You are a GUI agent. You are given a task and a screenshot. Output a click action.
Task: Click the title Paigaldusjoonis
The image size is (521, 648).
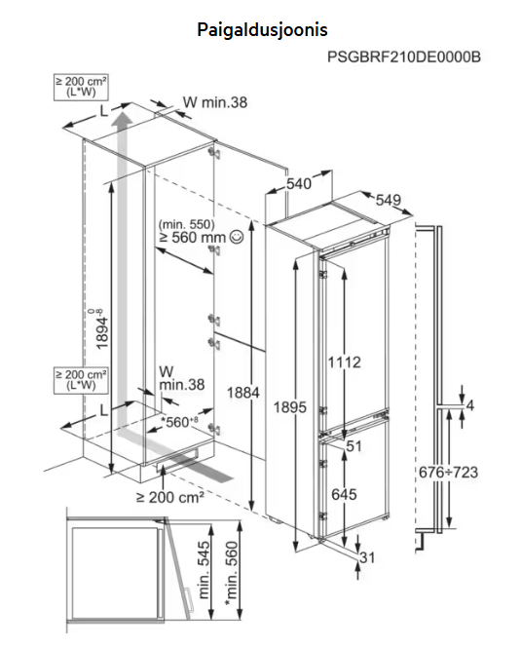[262, 30]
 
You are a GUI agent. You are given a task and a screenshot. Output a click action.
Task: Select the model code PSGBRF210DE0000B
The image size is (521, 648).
[404, 57]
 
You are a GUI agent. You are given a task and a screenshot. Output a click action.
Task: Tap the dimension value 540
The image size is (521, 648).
[299, 184]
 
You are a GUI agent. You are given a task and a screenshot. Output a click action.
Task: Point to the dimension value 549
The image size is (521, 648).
[389, 200]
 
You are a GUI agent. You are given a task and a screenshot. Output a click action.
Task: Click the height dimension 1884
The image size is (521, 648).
[242, 393]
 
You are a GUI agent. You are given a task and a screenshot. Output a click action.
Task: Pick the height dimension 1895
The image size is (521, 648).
[290, 407]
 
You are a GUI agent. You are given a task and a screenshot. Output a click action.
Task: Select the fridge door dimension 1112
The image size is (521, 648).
[344, 362]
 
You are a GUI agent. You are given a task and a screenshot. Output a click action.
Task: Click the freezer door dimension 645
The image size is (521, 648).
[344, 494]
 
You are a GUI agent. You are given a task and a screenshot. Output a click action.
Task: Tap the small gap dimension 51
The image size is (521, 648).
[354, 446]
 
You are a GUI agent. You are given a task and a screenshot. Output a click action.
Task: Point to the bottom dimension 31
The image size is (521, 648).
[367, 557]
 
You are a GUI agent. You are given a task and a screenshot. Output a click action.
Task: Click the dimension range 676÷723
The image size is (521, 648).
[448, 472]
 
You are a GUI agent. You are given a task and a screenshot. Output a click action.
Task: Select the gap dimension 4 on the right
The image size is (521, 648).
[469, 405]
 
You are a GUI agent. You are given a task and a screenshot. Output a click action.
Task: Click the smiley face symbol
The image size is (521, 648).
[237, 237]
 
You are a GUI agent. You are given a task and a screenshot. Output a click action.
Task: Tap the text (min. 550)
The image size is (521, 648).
[187, 224]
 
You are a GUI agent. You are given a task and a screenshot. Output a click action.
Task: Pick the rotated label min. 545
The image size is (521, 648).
[205, 570]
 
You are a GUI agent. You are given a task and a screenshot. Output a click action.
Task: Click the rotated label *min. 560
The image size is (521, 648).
[232, 574]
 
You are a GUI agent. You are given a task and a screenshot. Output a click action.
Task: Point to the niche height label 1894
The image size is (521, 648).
[101, 329]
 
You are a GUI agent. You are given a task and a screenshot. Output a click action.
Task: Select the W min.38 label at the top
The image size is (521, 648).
[215, 102]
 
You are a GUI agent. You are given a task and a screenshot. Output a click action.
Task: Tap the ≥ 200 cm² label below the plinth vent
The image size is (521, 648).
[170, 497]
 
